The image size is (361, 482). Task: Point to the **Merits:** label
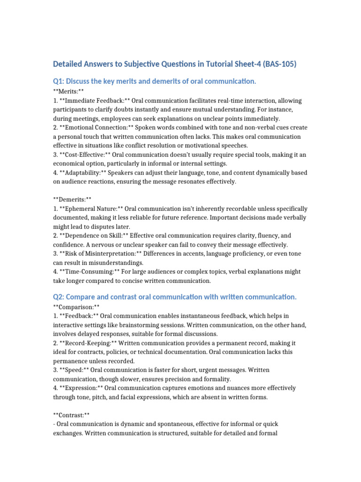pyautogui.click(x=68, y=92)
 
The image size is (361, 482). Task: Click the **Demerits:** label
pyautogui.click(x=72, y=200)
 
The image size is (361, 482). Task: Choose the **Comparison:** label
pyautogui.click(x=76, y=306)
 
